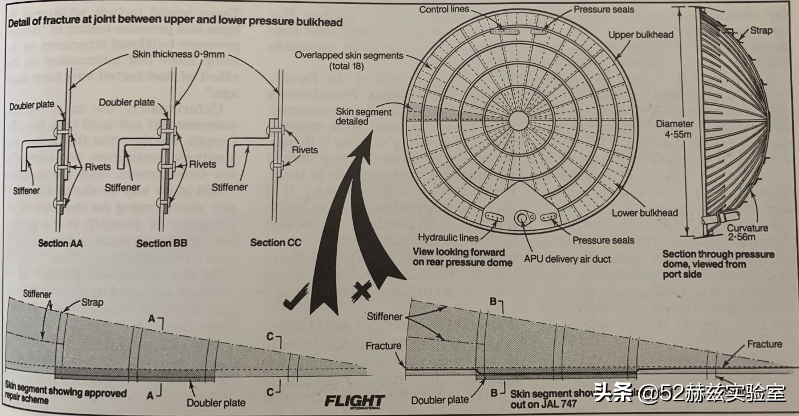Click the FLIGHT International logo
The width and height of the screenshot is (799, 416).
click(354, 401)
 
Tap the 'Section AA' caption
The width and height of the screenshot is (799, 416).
click(60, 243)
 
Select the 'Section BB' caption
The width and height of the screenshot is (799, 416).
click(162, 243)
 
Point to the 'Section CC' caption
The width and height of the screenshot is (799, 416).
click(276, 243)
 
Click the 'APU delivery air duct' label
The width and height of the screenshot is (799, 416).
click(567, 259)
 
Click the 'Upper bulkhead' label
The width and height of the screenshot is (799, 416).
click(640, 35)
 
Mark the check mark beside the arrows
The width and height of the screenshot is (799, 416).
click(297, 300)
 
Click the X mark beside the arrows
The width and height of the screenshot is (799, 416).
click(363, 292)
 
